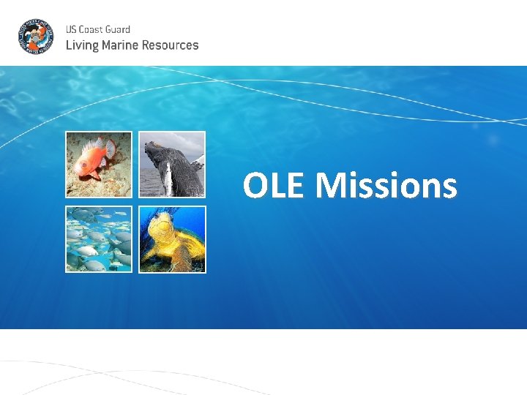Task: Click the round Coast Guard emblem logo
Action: (x=35, y=37)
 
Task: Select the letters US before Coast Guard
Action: (x=71, y=29)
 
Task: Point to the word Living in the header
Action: (x=81, y=45)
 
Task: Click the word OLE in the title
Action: (x=276, y=186)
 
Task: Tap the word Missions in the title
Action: (x=386, y=186)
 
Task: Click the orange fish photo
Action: (x=99, y=165)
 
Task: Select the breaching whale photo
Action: (x=172, y=165)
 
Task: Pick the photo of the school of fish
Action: (x=99, y=239)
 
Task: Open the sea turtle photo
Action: (x=172, y=239)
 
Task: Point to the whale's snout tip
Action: (x=149, y=145)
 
